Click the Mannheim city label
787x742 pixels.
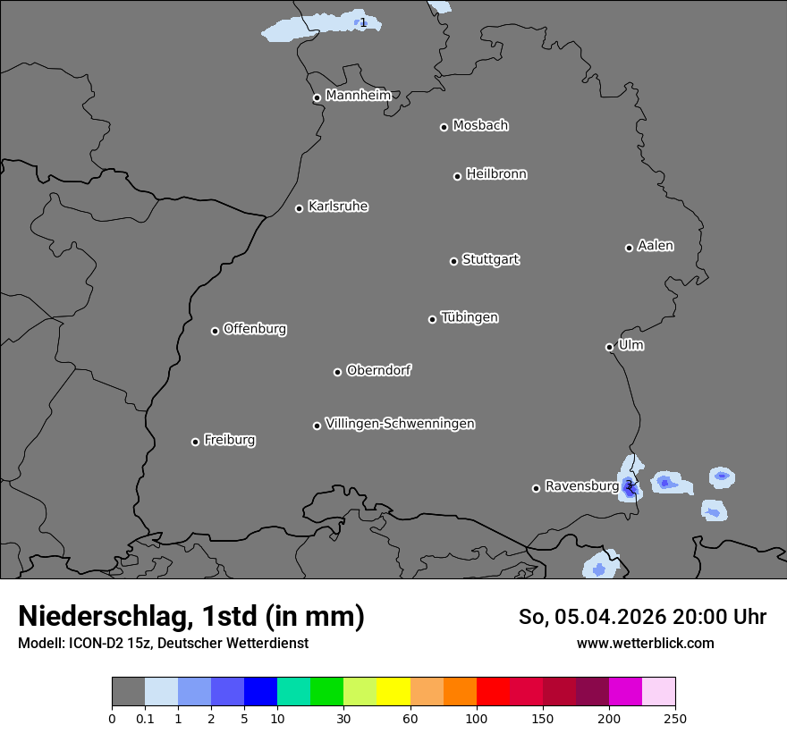pos(358,95)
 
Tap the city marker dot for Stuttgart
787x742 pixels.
pos(453,261)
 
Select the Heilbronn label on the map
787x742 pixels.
pos(496,173)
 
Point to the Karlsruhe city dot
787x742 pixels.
pos(299,208)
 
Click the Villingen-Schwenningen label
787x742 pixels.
pos(400,423)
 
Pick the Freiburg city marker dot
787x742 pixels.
pos(195,442)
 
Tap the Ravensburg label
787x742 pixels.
pos(581,485)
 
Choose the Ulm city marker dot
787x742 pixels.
pos(609,347)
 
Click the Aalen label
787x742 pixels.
pos(656,245)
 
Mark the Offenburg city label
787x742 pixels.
pos(255,328)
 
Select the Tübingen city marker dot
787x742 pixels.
pos(432,319)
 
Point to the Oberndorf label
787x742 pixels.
pos(378,370)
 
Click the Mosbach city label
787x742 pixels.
pos(480,125)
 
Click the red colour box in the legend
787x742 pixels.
pos(493,692)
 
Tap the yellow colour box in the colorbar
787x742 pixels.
pos(393,692)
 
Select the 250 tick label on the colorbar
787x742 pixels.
pos(675,718)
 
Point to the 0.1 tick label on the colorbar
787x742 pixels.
pos(145,718)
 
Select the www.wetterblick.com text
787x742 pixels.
pos(645,643)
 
